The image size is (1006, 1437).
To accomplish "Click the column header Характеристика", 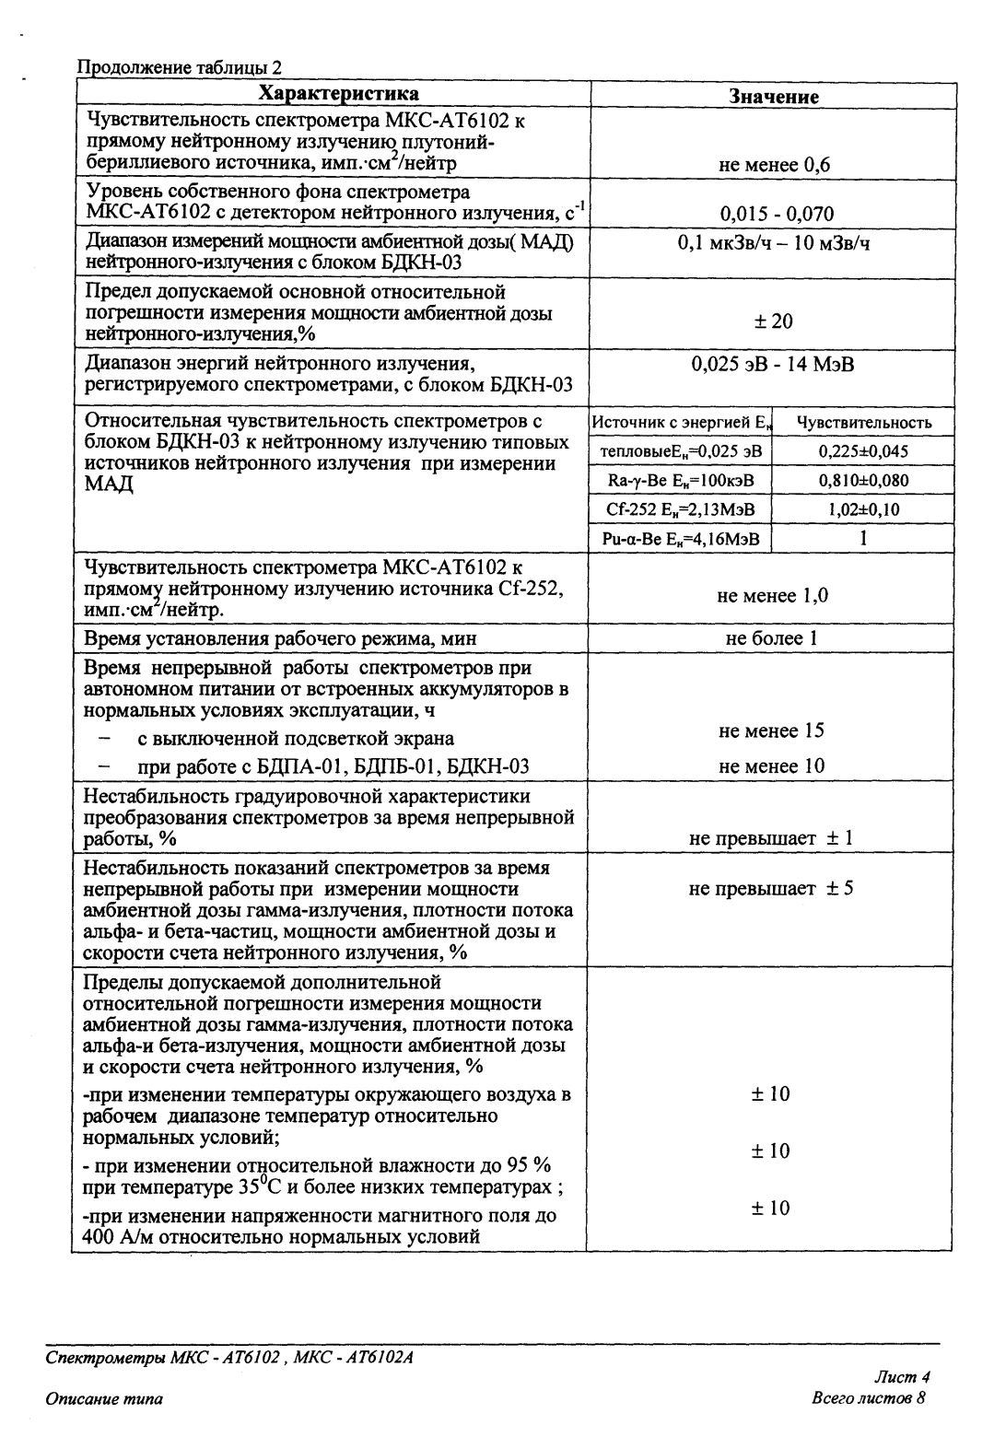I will (338, 94).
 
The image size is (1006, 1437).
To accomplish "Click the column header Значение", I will (774, 96).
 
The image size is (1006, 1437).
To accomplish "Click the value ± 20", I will (772, 321).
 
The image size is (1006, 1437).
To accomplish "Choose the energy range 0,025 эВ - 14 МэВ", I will (773, 364).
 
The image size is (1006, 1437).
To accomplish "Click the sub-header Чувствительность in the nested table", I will (863, 423).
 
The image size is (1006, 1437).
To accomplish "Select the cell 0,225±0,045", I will (863, 452).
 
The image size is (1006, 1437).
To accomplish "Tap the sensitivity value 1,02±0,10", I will (863, 509).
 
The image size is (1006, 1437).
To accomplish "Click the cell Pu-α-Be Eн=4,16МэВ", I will (680, 539).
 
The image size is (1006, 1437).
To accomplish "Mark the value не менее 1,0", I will (772, 596).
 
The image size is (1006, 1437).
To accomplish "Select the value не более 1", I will (772, 637).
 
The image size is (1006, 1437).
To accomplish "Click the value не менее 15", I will (772, 731).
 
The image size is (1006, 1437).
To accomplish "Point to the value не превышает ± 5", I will (771, 889).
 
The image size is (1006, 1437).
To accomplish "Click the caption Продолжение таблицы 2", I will (179, 67).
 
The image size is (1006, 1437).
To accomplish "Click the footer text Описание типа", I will (104, 1399).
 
